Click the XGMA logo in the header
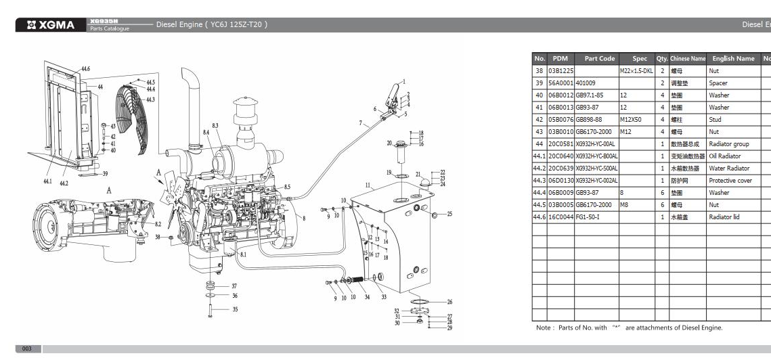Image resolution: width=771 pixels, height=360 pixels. (x=51, y=25)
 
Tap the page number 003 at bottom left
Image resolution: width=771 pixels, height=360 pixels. (x=27, y=349)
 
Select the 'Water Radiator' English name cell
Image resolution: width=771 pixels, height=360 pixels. (x=729, y=168)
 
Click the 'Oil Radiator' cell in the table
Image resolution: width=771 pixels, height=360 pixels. (x=725, y=156)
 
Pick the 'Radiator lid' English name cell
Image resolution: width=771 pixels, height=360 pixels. (x=726, y=217)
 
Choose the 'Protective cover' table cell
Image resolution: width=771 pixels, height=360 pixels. (x=730, y=181)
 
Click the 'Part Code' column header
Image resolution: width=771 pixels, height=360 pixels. (x=599, y=59)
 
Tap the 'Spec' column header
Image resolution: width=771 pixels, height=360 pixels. (x=640, y=59)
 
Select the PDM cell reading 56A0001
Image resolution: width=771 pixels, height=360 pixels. (x=560, y=83)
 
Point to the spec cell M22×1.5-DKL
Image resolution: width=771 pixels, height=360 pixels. (x=636, y=71)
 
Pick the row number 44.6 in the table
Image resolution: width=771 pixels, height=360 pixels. (x=539, y=217)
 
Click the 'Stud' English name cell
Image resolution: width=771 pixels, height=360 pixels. (x=715, y=120)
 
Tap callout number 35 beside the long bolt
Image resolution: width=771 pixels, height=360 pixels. (x=235, y=310)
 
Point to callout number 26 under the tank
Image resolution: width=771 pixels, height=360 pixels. (x=450, y=302)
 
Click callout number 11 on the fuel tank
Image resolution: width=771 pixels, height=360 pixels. (x=368, y=185)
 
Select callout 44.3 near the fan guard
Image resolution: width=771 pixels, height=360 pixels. (x=151, y=99)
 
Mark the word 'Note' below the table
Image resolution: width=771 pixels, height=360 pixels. (x=543, y=328)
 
